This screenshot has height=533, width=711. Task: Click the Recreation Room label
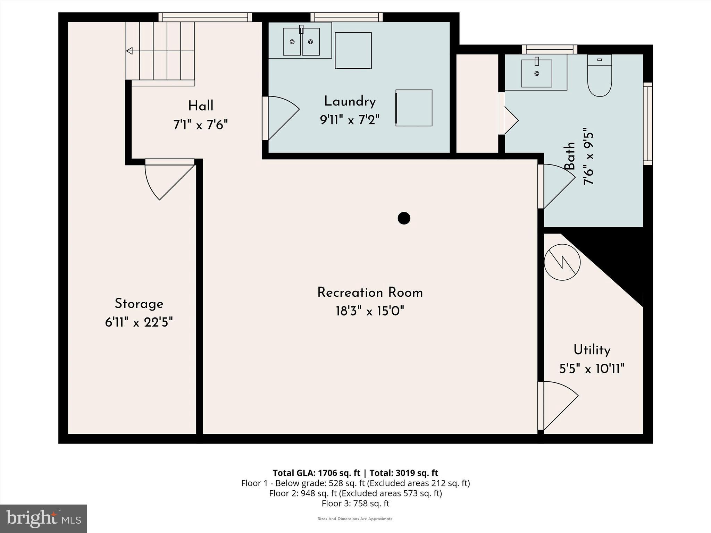pyautogui.click(x=370, y=293)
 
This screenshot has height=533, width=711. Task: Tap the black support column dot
pyautogui.click(x=404, y=218)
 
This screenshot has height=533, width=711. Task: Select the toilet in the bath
pyautogui.click(x=600, y=76)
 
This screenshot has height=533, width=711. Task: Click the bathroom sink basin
pyautogui.click(x=536, y=73)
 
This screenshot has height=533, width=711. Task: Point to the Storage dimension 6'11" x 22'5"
pyautogui.click(x=139, y=322)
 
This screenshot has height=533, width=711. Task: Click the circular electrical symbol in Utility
pyautogui.click(x=562, y=262)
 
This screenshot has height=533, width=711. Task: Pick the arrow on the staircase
pyautogui.click(x=129, y=51)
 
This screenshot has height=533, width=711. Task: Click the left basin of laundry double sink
pyautogui.click(x=292, y=42)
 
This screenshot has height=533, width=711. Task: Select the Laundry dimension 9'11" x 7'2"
pyautogui.click(x=350, y=120)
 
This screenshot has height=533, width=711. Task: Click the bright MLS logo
pyautogui.click(x=43, y=518)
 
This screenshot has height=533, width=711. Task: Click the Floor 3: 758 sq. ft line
pyautogui.click(x=355, y=504)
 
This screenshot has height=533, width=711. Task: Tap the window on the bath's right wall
pyautogui.click(x=648, y=124)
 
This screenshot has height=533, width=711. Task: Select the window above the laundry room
pyautogui.click(x=346, y=17)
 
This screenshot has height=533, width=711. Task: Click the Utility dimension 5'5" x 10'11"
pyautogui.click(x=592, y=369)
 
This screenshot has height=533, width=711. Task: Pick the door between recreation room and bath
pyautogui.click(x=555, y=186)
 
